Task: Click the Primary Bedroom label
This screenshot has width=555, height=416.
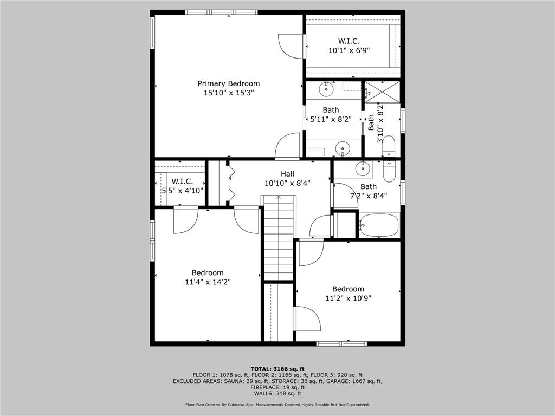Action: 228,83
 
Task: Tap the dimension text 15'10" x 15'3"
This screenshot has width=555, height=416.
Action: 228,93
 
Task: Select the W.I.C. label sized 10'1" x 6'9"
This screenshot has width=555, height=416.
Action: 349,41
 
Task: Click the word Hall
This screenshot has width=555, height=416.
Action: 287,174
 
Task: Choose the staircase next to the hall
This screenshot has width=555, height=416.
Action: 279,238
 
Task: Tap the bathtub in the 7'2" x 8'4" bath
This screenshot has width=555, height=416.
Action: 379,225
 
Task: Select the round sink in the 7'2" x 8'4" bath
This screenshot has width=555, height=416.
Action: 363,169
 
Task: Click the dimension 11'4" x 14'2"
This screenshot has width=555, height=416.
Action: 207,282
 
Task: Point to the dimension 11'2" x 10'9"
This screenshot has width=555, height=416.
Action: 348,298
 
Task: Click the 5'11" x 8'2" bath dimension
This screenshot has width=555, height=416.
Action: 331,119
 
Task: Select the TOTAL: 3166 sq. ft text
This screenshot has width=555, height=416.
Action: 277,368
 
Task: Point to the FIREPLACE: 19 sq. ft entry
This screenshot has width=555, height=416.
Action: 277,388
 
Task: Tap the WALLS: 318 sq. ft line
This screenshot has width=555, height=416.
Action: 277,394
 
